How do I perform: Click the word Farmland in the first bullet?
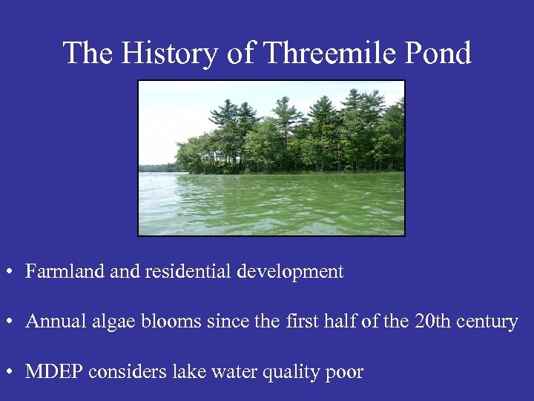click(x=65, y=272)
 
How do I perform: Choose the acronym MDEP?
click(x=54, y=372)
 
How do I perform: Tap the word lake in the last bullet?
click(x=185, y=372)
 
